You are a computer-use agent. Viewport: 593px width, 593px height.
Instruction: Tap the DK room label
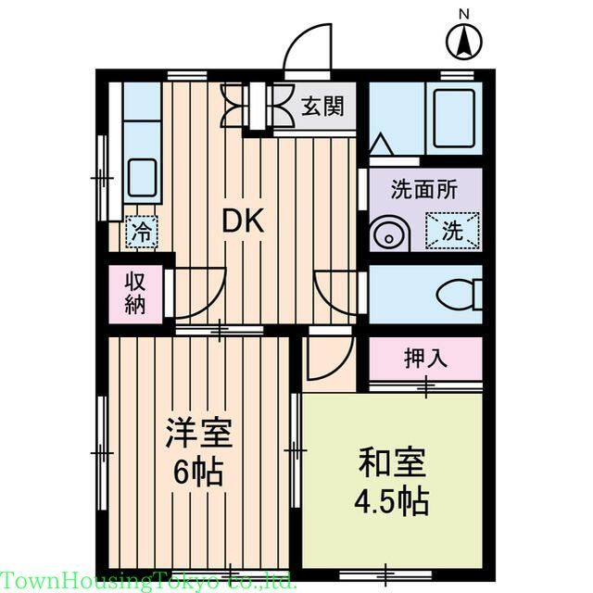[244, 221]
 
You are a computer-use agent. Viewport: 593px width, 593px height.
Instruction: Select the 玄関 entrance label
[322, 106]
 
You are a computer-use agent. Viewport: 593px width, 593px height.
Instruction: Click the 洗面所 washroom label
[423, 191]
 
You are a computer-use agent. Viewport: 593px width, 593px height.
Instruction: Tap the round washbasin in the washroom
[385, 235]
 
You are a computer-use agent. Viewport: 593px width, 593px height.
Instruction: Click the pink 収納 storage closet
[135, 294]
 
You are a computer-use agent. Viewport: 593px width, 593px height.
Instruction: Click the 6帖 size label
[198, 472]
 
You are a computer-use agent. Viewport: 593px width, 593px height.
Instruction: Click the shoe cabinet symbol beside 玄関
[257, 107]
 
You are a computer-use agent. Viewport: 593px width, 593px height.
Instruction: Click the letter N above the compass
[464, 13]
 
